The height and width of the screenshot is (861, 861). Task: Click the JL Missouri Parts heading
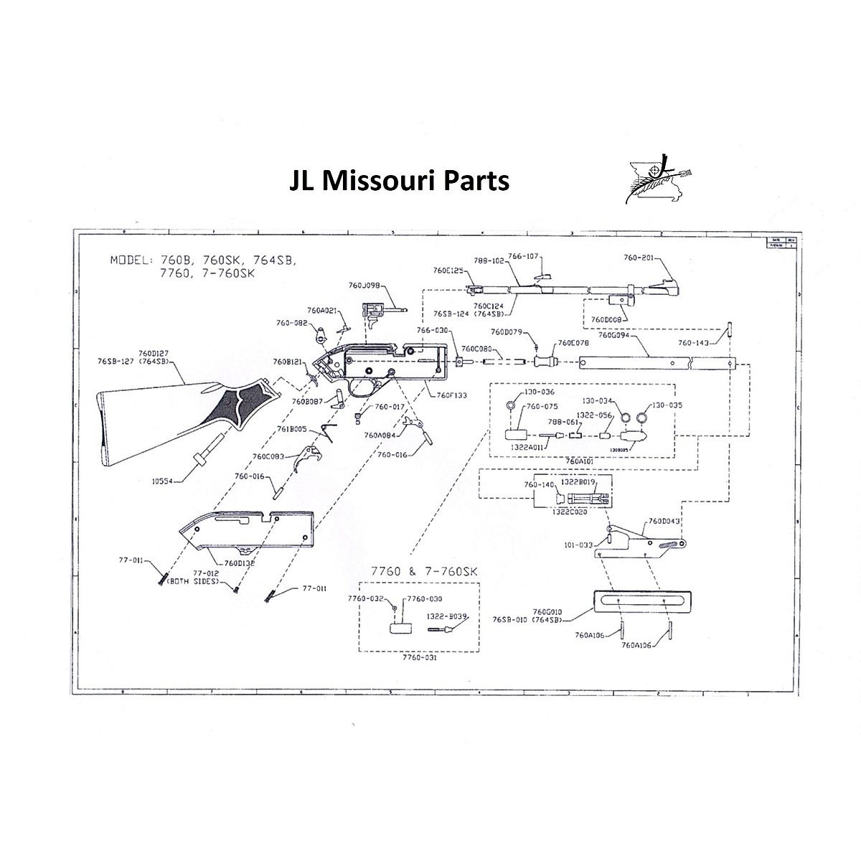point(399,180)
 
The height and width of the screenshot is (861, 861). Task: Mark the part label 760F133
point(451,395)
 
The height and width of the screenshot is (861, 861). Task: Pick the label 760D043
point(664,521)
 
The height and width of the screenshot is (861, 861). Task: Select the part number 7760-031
point(419,657)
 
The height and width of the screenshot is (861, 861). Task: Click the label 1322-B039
point(447,616)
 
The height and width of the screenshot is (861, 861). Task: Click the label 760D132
point(240,563)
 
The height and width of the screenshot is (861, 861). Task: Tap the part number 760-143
point(693,342)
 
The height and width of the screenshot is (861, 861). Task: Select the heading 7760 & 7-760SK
point(423,570)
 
